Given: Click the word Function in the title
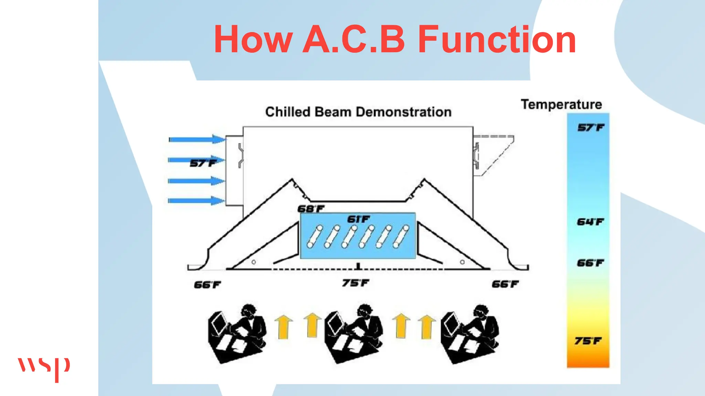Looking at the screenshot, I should pos(497,40).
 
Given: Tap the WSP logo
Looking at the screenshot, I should pos(44,368).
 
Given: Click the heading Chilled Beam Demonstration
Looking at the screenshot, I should pos(358,112).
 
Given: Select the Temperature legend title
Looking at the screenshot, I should pos(561,104).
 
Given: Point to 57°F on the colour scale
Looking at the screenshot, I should pos(590,128).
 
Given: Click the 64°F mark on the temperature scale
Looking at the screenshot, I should pos(590,222).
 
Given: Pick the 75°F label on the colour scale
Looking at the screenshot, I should pos(588,341).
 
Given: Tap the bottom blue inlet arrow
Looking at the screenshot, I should pos(196,200).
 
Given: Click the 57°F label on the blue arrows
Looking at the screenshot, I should pos(203,163).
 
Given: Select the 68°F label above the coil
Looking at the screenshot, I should pos(311,209).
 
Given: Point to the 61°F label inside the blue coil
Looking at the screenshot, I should pos(358,219).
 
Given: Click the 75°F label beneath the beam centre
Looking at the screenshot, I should pos(355,283).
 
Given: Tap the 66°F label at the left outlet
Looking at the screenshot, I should pos(207,285).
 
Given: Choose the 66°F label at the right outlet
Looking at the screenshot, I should pos(505,284).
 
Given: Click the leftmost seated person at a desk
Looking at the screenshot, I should pos(237,333).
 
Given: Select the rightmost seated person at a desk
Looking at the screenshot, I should pos(470,333).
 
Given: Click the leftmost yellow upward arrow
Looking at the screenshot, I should pos(283,327).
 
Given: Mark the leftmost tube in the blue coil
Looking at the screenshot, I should pos(315,236).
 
